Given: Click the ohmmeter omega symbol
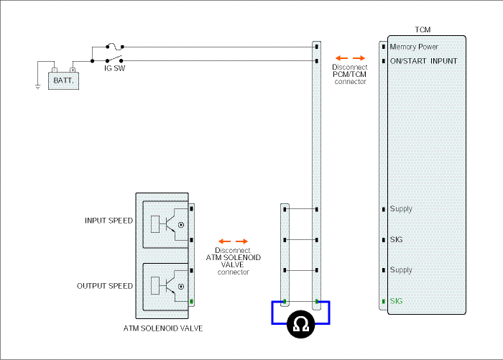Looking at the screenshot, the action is click(300, 324).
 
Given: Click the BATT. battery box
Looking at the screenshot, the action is click(63, 80).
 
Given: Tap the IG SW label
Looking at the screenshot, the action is click(114, 68).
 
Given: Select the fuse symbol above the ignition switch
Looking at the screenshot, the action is click(115, 47).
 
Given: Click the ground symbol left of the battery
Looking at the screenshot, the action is click(38, 87).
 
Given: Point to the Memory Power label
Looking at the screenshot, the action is click(414, 47).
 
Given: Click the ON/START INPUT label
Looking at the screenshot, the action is click(423, 61).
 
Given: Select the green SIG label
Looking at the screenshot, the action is click(396, 301).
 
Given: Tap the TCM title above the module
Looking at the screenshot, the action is click(423, 30).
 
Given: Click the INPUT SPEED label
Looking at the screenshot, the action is click(109, 221).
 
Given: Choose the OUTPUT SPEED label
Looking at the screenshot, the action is click(105, 286).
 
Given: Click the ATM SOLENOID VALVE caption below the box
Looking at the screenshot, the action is click(163, 328).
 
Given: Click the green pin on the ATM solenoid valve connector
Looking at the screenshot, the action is click(192, 302).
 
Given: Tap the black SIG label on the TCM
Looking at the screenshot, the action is click(396, 240).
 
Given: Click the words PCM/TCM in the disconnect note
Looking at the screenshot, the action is click(349, 75).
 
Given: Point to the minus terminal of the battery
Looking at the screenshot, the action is click(55, 70).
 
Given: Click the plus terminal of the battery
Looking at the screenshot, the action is click(73, 70).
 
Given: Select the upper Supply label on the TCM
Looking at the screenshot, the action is click(401, 209).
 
